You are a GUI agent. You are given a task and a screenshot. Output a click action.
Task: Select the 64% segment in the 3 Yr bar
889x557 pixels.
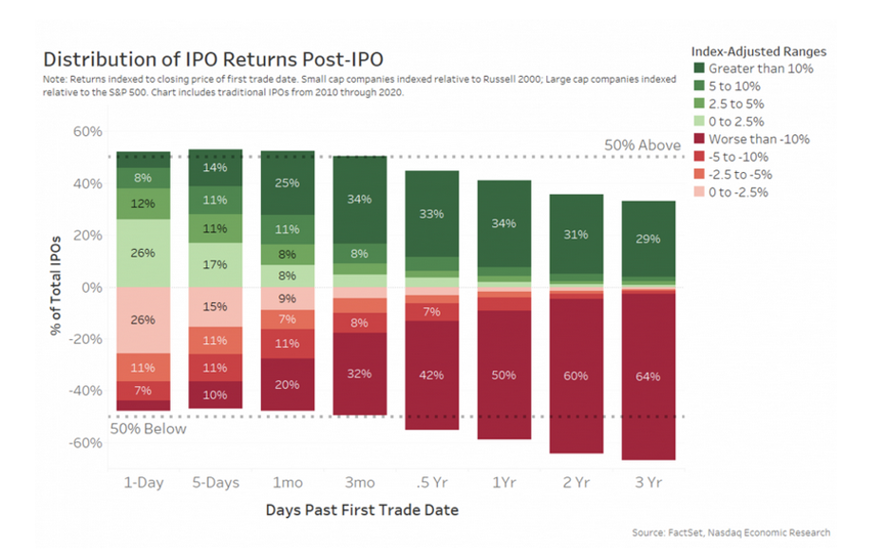point(648,376)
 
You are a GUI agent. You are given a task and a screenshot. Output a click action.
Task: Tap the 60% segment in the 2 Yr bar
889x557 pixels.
point(577,375)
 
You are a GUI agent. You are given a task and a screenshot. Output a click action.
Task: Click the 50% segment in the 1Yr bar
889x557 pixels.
point(504,375)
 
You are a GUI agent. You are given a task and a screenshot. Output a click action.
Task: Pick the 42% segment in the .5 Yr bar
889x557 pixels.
point(432,375)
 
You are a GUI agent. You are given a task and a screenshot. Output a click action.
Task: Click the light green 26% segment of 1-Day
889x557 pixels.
point(143,253)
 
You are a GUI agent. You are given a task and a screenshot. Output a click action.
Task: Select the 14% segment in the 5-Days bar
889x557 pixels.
point(216,167)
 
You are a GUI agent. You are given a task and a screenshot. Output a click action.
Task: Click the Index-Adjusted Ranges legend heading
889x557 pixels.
point(757,50)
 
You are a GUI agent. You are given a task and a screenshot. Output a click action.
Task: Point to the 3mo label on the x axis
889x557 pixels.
point(359,482)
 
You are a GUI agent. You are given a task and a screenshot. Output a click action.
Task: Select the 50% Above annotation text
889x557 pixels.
point(642,145)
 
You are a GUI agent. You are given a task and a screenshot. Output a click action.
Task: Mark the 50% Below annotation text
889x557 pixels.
point(149,429)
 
